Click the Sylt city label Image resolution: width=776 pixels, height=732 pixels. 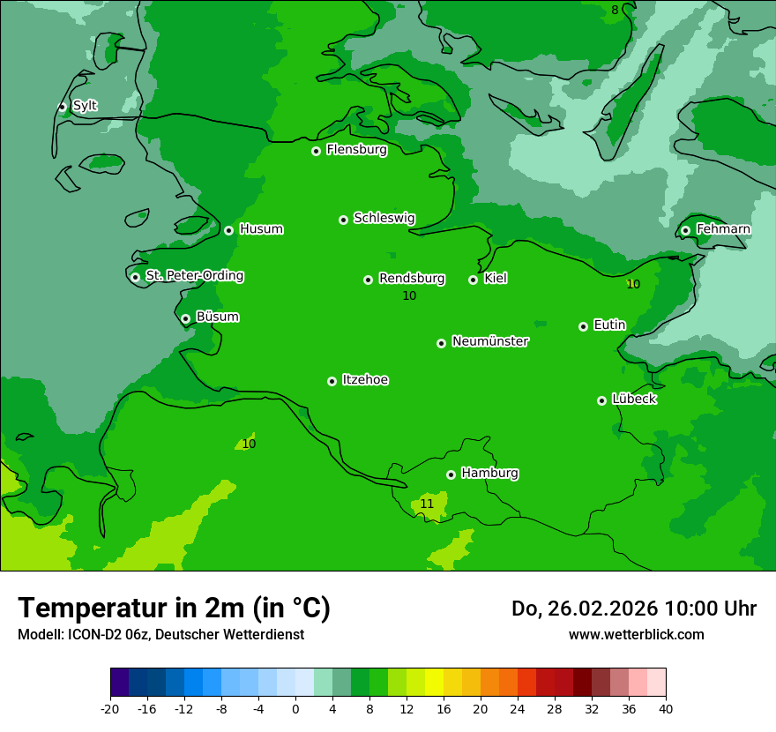coord(85,106)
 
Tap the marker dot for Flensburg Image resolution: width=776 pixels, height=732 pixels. coord(316,151)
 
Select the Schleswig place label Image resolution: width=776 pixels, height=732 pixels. coord(384,218)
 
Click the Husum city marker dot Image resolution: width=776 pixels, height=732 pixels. coord(228,230)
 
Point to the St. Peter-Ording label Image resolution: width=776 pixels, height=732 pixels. coord(194,276)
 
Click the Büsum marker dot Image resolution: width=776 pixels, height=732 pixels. coord(185,319)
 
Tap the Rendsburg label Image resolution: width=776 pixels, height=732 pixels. coord(412,279)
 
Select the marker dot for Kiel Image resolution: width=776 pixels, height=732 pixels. coord(473,280)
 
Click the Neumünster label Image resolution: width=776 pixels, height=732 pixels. coord(490,341)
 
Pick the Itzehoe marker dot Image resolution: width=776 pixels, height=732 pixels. coord(332,381)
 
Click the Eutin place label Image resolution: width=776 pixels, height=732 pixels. coord(609,325)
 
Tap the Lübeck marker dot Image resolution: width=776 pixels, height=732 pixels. coord(601,400)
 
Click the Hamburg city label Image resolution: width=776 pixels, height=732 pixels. coord(489,474)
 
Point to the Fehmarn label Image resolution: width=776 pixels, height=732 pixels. coord(723,229)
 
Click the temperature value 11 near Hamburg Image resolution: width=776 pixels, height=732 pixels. coord(427,504)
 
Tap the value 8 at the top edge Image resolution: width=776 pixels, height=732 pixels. coord(615,10)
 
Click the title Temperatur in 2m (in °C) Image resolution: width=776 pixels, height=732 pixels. coord(174,609)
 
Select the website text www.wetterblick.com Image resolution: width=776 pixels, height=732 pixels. coord(636,634)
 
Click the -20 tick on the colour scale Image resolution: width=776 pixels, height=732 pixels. coord(110,708)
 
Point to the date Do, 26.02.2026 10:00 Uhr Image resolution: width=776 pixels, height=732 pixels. coord(633,609)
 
